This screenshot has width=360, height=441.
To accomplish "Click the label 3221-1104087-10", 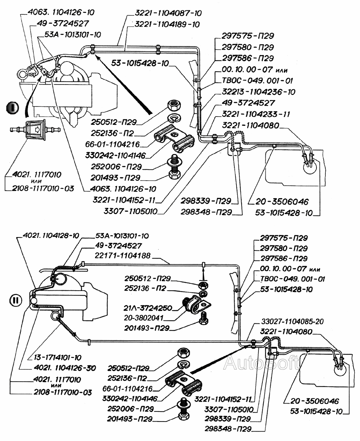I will pos(168,13).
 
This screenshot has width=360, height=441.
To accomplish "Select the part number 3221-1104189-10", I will pos(168,24).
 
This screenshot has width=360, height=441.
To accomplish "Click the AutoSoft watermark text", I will pos(261,364).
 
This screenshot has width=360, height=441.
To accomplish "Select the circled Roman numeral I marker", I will pos(13,107).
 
